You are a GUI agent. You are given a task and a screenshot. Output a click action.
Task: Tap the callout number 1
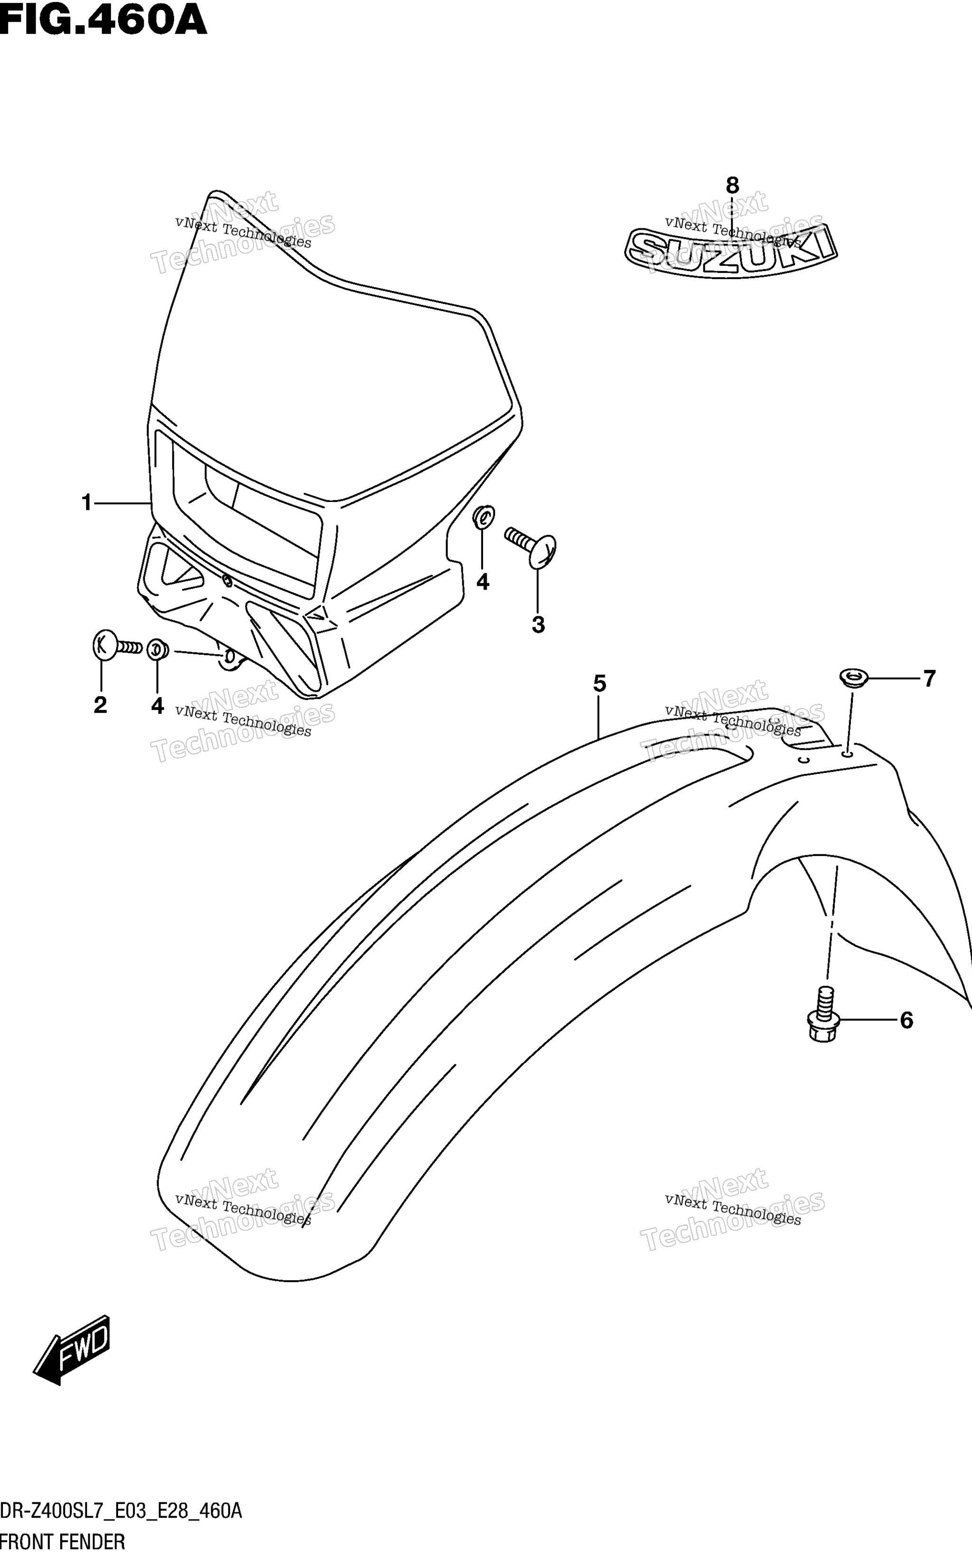[x=87, y=503]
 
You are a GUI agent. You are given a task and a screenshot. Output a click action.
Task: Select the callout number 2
[x=100, y=705]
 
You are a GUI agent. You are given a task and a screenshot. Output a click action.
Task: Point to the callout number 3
[x=539, y=624]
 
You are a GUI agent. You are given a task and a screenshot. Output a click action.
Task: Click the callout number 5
[x=599, y=683]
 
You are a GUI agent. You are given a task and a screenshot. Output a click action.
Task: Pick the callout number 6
[x=907, y=1020]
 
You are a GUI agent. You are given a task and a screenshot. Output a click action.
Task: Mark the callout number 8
[x=732, y=185]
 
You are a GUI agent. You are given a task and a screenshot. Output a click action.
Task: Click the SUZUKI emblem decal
[x=731, y=250]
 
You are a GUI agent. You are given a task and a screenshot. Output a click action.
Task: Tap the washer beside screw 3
[x=484, y=517]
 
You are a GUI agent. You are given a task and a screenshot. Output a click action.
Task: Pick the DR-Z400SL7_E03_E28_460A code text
[x=121, y=1511]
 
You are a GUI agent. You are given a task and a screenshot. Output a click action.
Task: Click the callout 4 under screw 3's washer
[x=483, y=582]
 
